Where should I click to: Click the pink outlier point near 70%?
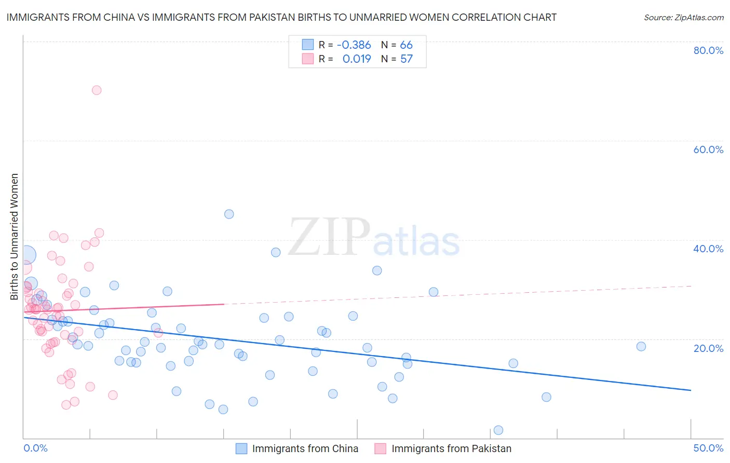click(97, 90)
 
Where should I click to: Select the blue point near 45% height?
click(229, 214)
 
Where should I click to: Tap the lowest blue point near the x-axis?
click(498, 430)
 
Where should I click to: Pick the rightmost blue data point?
click(641, 346)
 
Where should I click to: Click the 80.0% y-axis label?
click(708, 50)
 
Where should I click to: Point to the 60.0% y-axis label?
click(708, 149)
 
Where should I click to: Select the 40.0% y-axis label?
click(708, 249)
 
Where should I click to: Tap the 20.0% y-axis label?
click(708, 348)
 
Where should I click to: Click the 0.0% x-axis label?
click(35, 448)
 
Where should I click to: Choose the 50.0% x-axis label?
click(708, 448)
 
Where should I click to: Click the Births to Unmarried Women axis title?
click(15, 237)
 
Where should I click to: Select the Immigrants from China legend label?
click(305, 448)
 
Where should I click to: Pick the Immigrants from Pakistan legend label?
click(451, 448)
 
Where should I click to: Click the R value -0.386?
click(354, 45)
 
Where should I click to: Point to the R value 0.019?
click(357, 59)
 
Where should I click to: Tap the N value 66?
click(406, 45)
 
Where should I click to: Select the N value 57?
click(406, 59)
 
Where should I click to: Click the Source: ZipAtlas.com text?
click(683, 18)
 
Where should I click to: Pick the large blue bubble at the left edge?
click(26, 255)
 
